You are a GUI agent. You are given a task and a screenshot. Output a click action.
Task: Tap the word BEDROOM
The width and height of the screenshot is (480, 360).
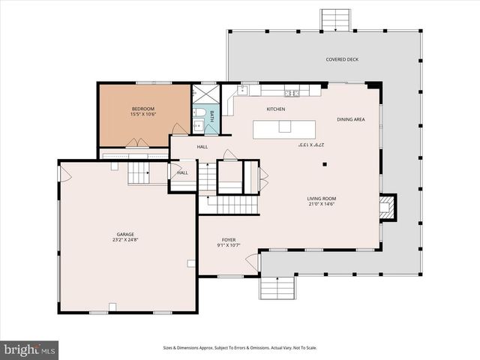coord(142,109)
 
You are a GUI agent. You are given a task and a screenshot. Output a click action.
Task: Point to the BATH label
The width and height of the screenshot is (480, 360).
coord(211,115)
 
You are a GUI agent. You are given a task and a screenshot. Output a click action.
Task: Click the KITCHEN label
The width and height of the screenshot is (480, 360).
coord(276,109)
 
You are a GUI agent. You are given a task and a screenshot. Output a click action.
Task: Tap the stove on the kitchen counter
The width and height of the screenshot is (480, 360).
coord(291,93)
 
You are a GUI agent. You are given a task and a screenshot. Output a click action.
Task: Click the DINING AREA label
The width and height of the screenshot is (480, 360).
coord(351,118)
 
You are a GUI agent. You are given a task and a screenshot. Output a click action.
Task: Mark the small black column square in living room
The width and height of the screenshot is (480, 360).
coord(324,163)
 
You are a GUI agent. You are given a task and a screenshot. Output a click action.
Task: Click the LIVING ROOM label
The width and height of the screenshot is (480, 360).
coord(321,198)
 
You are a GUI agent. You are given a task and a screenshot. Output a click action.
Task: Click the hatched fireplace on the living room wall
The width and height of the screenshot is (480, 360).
coord(387,208)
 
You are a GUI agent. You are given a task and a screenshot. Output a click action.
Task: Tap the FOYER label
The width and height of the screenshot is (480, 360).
coord(228,240)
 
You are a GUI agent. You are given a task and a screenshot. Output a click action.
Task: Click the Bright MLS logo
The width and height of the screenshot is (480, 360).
coord(30,349)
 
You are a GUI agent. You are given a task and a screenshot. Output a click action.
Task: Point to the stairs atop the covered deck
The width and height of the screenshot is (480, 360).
coord(335,19)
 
